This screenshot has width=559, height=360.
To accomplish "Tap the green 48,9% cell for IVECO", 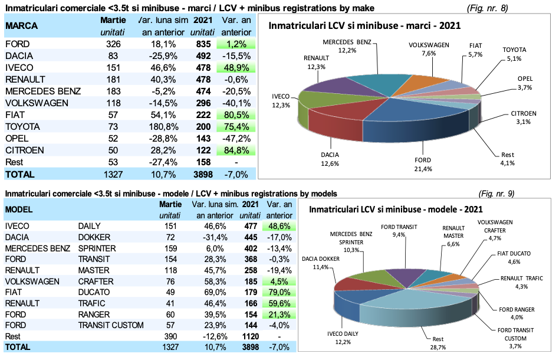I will coord(235,68).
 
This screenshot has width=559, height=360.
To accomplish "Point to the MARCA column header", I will coord(22,27).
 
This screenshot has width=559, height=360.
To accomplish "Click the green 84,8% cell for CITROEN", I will coord(235,150).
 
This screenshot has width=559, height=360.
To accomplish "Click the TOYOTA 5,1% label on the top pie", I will coord(514,54).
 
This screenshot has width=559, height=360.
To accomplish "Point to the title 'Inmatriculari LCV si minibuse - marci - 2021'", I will coord(364,26).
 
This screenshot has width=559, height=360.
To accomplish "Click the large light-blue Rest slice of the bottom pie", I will coord(413,307).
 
